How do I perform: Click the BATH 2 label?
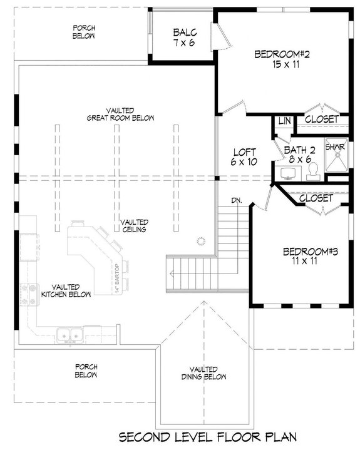[299, 150]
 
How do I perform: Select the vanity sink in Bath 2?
[289, 170]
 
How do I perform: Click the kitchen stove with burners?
[29, 292]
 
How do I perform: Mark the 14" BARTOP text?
[116, 278]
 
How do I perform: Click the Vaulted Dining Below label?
[205, 374]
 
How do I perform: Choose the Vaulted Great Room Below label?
[121, 113]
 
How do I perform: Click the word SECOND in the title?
[145, 437]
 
